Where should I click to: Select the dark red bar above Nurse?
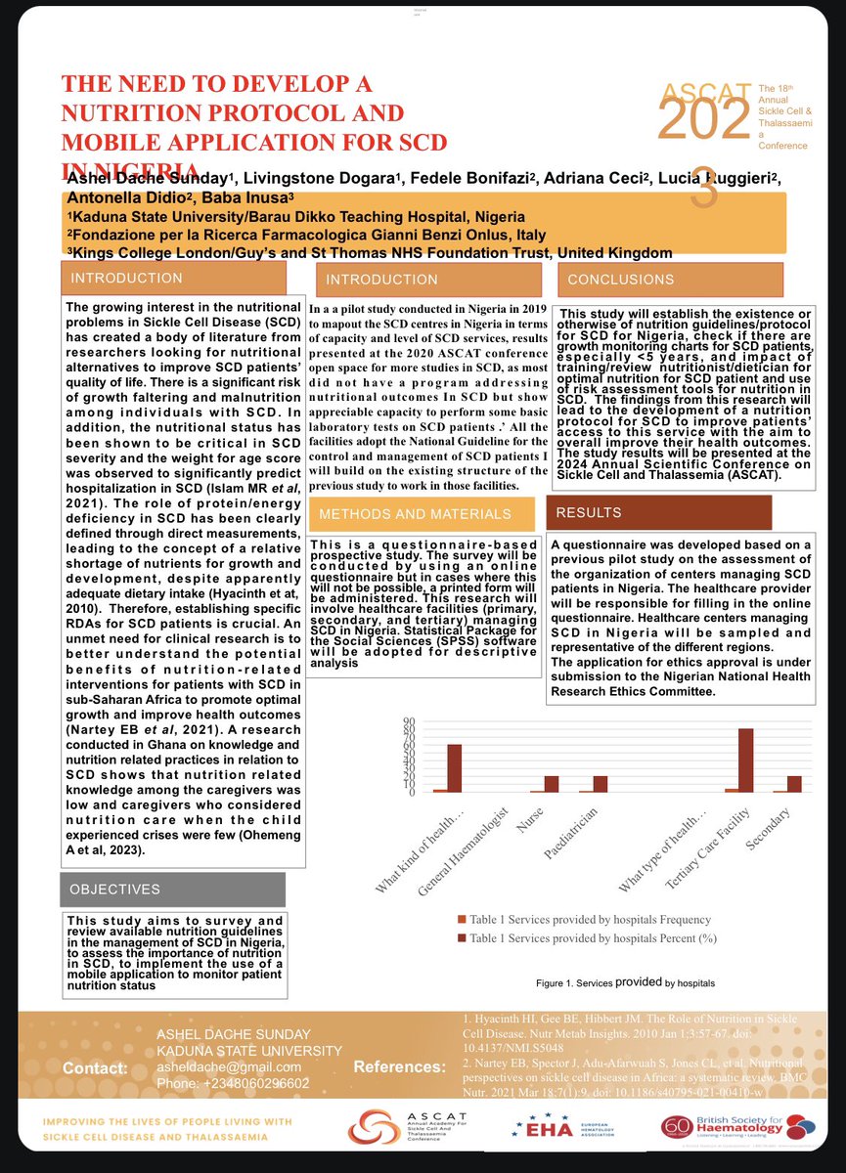[552, 783]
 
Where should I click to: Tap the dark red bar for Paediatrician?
[600, 783]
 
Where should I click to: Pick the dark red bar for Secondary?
[794, 783]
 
